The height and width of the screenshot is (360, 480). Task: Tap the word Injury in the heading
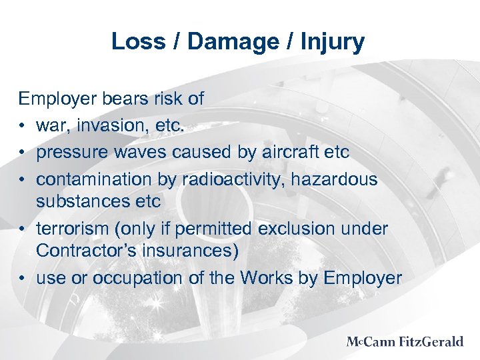331,41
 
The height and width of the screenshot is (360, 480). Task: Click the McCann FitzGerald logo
404,342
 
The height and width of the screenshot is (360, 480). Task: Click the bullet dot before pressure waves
23,153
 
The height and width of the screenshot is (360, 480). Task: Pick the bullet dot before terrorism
23,229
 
